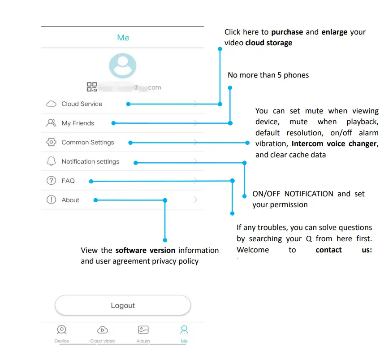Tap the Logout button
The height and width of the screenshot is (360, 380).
122,306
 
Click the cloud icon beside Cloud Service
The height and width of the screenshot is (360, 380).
51,104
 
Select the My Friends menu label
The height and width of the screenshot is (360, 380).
78,123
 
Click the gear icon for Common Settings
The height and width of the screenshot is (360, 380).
51,142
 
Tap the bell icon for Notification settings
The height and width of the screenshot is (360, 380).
51,161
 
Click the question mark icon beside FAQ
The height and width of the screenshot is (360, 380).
51,181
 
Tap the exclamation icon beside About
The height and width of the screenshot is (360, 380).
51,200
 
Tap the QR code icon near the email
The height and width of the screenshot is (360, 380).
92,87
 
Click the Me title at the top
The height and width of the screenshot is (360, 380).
123,38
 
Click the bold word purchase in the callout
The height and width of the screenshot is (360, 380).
287,32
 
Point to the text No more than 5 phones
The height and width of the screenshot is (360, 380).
268,75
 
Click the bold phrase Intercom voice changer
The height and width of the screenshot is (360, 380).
333,144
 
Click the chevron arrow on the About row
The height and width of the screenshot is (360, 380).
195,200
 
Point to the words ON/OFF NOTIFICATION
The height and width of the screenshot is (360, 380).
293,194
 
